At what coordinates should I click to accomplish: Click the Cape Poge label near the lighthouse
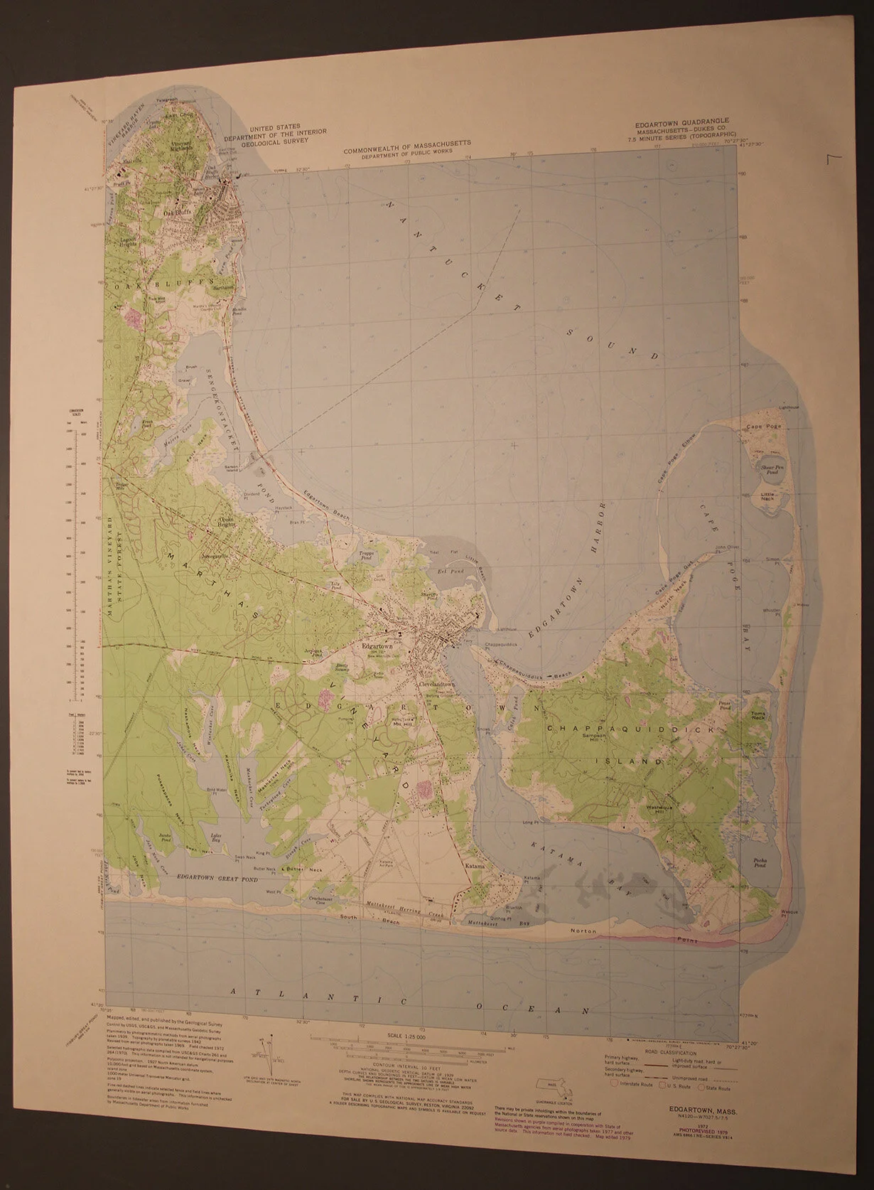coord(758,427)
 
